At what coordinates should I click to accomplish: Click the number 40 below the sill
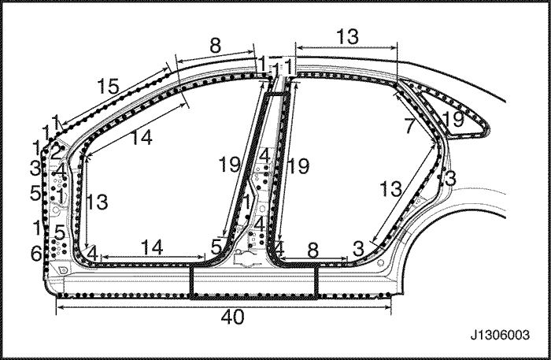point(232,317)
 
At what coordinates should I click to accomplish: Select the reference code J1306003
point(500,335)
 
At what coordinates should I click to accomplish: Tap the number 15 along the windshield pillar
point(108,86)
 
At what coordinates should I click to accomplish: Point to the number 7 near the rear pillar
point(409,126)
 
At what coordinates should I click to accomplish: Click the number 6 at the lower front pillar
point(36,253)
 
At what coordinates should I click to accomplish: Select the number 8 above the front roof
point(216,45)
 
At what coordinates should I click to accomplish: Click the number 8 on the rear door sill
point(312,251)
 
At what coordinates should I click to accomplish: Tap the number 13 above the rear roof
point(348,36)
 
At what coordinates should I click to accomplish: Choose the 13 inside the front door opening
point(97,202)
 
